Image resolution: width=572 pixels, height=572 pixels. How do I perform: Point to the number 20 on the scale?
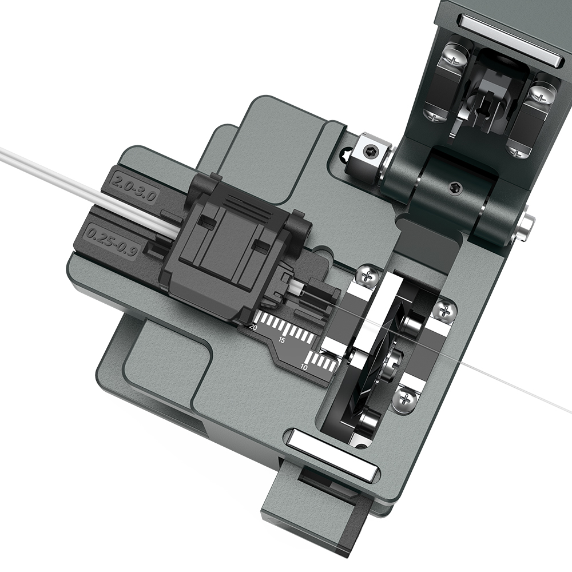[253, 327]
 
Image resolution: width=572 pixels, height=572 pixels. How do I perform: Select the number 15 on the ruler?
[282, 340]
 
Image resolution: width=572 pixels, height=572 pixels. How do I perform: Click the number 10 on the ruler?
[305, 367]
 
